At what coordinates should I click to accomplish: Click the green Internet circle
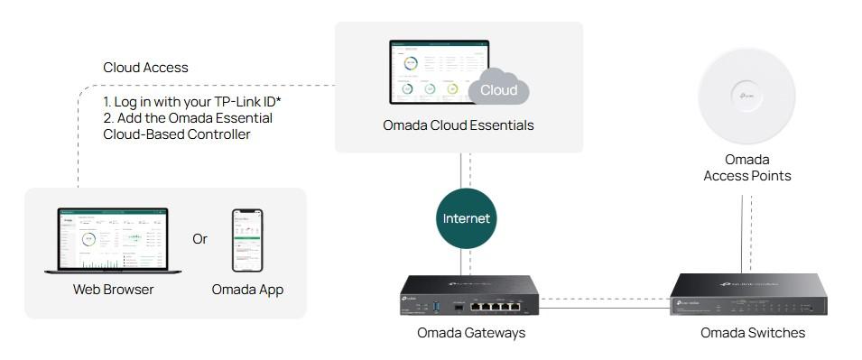466,218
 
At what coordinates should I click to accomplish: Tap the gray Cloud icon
498,89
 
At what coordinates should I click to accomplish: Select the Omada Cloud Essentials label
458,125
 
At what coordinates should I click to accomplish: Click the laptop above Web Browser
113,241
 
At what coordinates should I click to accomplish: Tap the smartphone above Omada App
247,240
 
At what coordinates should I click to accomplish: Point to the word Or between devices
200,239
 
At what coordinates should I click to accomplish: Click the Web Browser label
113,290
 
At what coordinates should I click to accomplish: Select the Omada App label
247,290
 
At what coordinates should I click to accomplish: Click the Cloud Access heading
145,68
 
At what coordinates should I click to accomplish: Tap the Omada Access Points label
746,168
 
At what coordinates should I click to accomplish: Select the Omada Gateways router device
468,295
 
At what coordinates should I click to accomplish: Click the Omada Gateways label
470,333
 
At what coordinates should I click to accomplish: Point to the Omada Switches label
753,333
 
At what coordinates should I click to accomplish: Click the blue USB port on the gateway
436,302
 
